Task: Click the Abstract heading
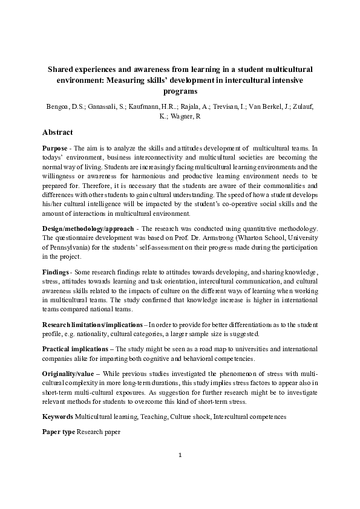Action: point(57,132)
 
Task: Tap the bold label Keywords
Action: point(57,417)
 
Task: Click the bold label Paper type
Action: point(59,432)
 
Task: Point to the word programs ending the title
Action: point(180,91)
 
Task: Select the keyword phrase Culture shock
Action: point(189,417)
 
